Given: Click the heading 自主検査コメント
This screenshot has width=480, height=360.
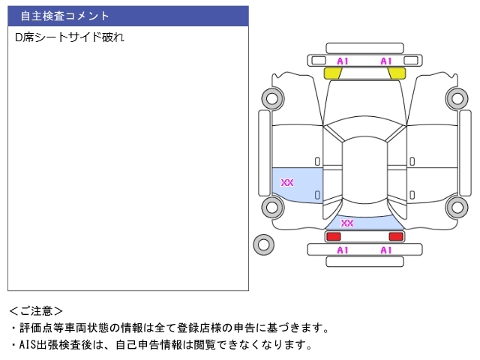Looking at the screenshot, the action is pos(64,16).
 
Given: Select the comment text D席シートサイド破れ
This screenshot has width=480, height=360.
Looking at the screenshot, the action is pos(70,37).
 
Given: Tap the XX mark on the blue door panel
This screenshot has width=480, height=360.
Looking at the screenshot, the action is pos(286,183).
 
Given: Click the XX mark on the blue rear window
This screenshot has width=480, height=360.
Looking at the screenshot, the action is pos(347,223).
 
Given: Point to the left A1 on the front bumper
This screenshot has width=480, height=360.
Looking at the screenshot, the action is pos(343,61).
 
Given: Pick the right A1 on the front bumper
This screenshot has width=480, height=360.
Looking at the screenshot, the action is pos(386,61).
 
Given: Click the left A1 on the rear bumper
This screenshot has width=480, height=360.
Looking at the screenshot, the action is pos(343,250).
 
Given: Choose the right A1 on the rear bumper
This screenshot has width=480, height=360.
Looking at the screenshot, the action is pos(386,250).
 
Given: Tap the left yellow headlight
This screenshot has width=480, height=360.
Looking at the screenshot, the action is pos(332,73).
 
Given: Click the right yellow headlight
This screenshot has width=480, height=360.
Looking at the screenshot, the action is pos(397,73).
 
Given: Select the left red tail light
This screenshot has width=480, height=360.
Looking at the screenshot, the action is pos(333,237).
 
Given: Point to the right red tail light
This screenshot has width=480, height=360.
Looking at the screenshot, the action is pos(396,237).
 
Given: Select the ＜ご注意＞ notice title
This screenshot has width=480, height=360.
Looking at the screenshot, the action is pos(36,311).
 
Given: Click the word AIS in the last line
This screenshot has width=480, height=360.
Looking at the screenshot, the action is pos(28,345).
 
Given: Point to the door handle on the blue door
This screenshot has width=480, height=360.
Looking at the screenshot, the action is pos(317,195).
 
